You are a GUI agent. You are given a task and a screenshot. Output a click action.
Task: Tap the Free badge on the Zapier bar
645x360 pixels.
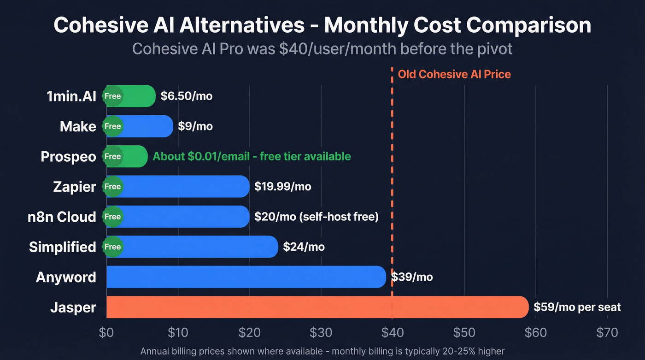pos(112,187)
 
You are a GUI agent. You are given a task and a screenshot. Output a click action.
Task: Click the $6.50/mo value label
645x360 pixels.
pos(187,96)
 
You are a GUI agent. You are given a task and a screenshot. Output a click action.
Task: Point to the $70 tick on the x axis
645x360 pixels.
pos(607,332)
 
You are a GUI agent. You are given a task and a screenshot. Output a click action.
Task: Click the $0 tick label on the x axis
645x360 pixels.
pos(106,332)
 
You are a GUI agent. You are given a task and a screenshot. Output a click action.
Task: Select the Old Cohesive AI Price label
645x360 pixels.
pos(454,74)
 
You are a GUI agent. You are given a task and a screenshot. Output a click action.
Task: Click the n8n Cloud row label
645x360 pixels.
pos(62,217)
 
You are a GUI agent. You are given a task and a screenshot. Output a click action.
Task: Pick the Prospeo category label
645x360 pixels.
pos(68,157)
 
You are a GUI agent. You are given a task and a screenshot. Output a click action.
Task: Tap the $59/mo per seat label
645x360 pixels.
pos(577,307)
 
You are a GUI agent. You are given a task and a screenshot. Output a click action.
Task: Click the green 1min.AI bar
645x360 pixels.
pos(138,96)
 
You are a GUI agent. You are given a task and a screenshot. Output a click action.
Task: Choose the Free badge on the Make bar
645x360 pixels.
pos(112,126)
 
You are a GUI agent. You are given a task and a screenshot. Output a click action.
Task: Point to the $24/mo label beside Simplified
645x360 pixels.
pos(304,247)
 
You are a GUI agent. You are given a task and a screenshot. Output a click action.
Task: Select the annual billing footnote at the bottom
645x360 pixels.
pos(322,351)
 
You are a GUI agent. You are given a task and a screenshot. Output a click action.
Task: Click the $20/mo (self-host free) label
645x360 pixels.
pos(316,217)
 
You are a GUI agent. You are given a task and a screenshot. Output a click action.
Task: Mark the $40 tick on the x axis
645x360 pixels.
pos(392,332)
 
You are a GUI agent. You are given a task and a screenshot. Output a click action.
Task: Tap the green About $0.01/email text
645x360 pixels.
pos(252,157)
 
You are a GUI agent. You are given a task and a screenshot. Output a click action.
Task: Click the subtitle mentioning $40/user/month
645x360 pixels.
pos(322,48)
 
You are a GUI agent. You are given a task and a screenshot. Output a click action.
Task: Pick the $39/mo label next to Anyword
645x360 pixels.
pos(412,277)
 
